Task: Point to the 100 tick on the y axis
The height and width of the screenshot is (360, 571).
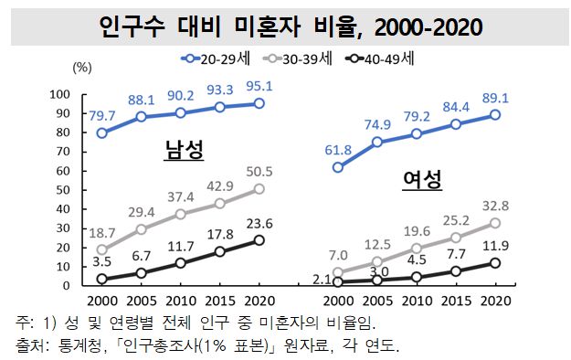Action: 60,94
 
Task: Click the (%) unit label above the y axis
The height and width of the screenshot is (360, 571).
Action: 81,67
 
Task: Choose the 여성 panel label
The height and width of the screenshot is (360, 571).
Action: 423,179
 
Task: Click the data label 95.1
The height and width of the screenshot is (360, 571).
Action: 259,87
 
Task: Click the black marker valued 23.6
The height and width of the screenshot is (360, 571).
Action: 260,240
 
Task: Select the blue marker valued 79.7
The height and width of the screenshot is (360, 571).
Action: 101,133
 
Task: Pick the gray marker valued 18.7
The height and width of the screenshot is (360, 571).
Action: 101,249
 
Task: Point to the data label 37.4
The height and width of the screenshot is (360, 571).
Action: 181,197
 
